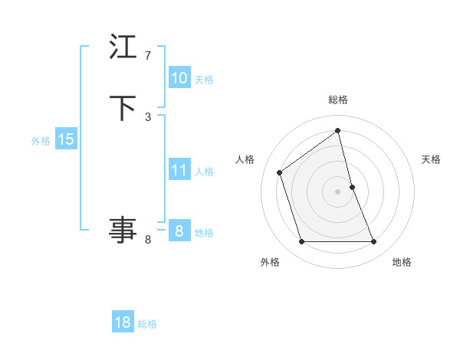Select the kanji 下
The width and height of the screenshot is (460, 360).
(x=123, y=107)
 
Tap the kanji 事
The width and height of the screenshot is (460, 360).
(x=123, y=230)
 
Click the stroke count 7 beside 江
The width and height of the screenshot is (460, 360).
(x=148, y=56)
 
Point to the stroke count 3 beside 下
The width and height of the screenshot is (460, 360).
(x=148, y=116)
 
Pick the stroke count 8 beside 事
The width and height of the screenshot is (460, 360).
(x=148, y=240)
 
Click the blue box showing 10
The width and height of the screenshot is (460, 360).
(x=179, y=78)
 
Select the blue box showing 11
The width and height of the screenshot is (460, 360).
(x=179, y=170)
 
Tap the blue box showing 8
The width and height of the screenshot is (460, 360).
(x=179, y=231)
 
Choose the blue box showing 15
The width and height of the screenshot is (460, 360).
(x=66, y=139)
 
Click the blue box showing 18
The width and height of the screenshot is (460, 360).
(x=123, y=322)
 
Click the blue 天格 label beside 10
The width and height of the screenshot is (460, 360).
(x=204, y=80)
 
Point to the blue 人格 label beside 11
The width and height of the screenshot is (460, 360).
(x=204, y=172)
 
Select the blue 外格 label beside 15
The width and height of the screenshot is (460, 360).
(x=41, y=141)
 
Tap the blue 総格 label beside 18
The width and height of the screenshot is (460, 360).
(x=147, y=324)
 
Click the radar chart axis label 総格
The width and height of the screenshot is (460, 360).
(x=338, y=100)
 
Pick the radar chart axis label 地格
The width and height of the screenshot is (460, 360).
(x=402, y=262)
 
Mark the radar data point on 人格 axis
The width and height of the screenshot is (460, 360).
(x=280, y=172)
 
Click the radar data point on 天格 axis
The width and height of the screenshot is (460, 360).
(x=352, y=187)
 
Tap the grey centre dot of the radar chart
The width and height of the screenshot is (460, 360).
(x=338, y=191)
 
